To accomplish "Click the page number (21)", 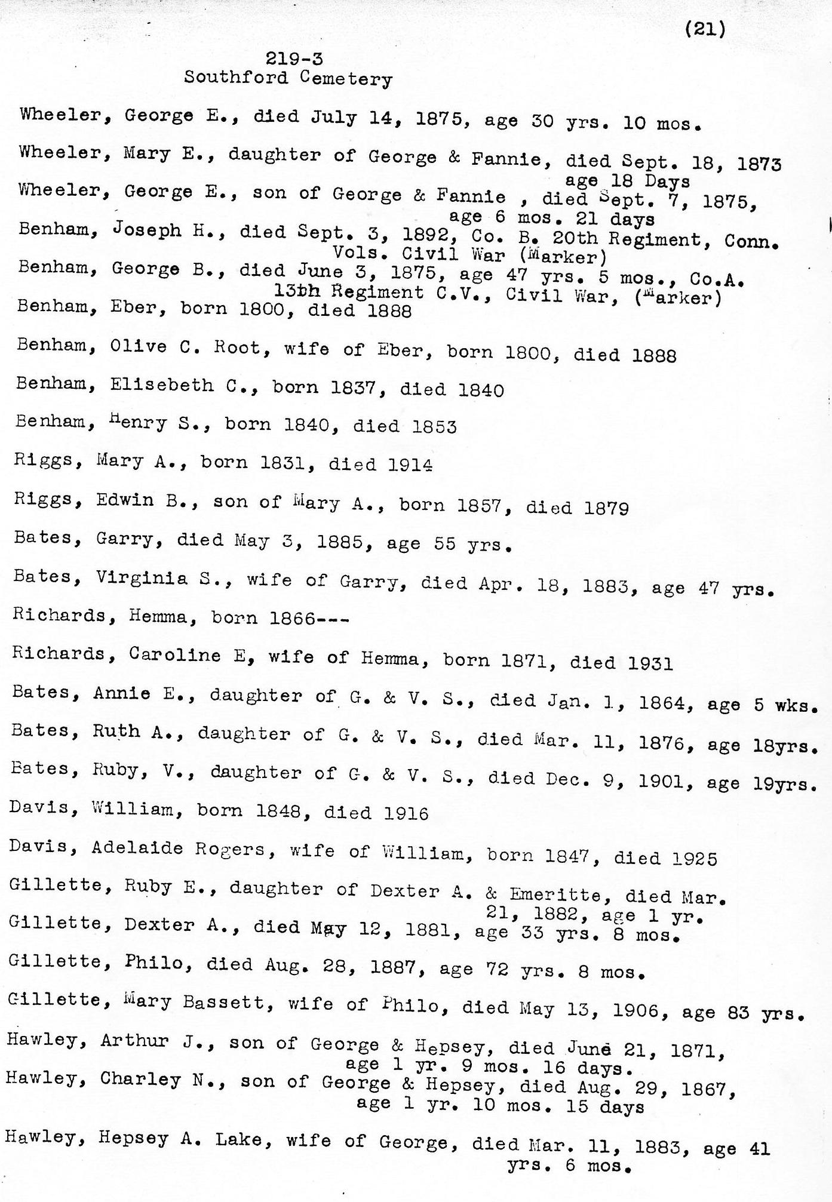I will pos(705,28).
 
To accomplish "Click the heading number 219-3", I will pos(294,59).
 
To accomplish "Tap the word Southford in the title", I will pos(235,78).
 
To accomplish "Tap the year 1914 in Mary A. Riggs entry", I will pos(410,464).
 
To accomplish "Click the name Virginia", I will pos(142,578).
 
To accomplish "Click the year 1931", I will pos(650,663).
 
